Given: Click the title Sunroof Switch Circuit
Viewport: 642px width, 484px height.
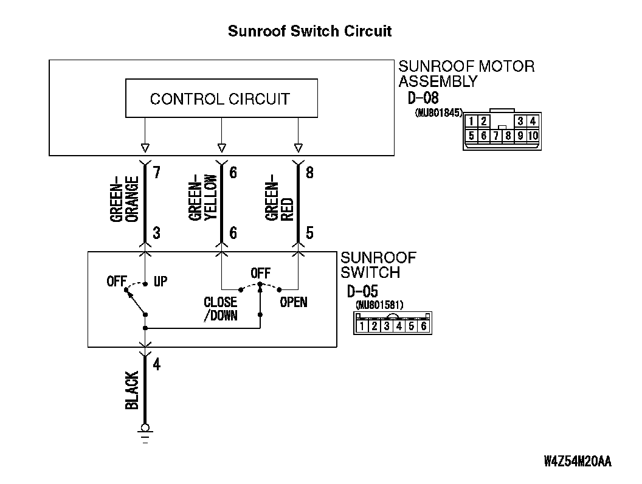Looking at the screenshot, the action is (309, 31).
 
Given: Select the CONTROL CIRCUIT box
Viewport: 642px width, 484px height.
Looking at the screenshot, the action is (221, 99).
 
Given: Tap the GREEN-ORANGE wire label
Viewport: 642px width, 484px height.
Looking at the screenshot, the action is (125, 199).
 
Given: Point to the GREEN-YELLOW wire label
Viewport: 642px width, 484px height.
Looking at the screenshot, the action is (202, 198).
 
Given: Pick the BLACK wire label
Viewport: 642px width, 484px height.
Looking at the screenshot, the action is (132, 390).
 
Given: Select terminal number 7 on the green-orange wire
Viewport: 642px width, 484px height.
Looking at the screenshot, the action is (156, 173).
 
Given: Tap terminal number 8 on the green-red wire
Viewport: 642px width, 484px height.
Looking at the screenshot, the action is (309, 173).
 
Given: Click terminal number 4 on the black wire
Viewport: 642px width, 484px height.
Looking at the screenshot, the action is (156, 364).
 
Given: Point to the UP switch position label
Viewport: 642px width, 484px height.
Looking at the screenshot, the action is (160, 282).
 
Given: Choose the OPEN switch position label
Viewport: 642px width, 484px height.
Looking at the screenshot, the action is (293, 302).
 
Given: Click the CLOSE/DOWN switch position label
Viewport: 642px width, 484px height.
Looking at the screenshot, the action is (220, 309).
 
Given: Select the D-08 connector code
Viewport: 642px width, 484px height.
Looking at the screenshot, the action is (423, 98).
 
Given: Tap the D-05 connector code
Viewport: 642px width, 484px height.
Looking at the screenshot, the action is (362, 291).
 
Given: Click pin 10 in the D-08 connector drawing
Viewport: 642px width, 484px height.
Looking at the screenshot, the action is (533, 136).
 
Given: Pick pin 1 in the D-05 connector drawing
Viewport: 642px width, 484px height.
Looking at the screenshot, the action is (362, 326).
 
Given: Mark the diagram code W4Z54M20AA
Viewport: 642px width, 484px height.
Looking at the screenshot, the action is (578, 462).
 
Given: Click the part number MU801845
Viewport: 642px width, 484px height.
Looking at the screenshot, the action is (439, 113).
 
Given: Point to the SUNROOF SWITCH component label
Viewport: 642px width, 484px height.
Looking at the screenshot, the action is (378, 265).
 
